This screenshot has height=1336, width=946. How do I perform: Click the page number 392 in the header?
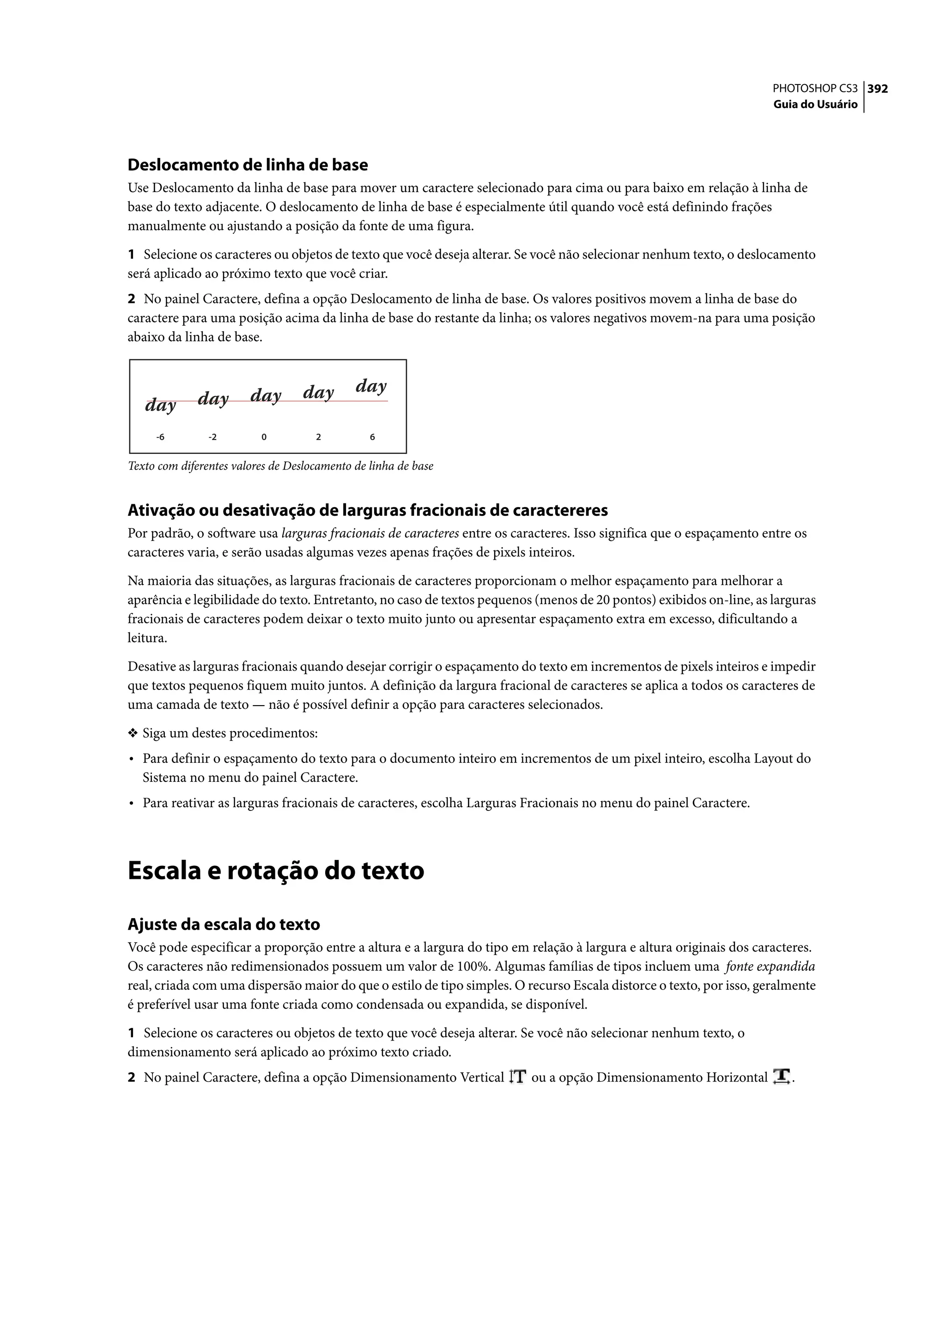click(877, 89)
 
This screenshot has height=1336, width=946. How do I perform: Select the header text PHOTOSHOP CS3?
click(814, 89)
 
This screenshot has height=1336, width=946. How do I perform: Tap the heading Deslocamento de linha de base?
click(248, 165)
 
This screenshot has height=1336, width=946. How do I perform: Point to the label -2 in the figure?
click(212, 437)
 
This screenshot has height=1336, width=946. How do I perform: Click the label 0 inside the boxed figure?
click(264, 437)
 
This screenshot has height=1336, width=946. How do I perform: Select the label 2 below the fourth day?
click(318, 437)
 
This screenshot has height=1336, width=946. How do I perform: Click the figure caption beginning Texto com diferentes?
click(280, 466)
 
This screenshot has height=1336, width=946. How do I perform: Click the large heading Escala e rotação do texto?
click(275, 871)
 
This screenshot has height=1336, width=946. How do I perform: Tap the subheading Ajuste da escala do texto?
click(224, 924)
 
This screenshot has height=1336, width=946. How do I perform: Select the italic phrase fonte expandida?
click(770, 967)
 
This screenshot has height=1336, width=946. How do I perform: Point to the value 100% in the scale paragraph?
click(473, 967)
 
